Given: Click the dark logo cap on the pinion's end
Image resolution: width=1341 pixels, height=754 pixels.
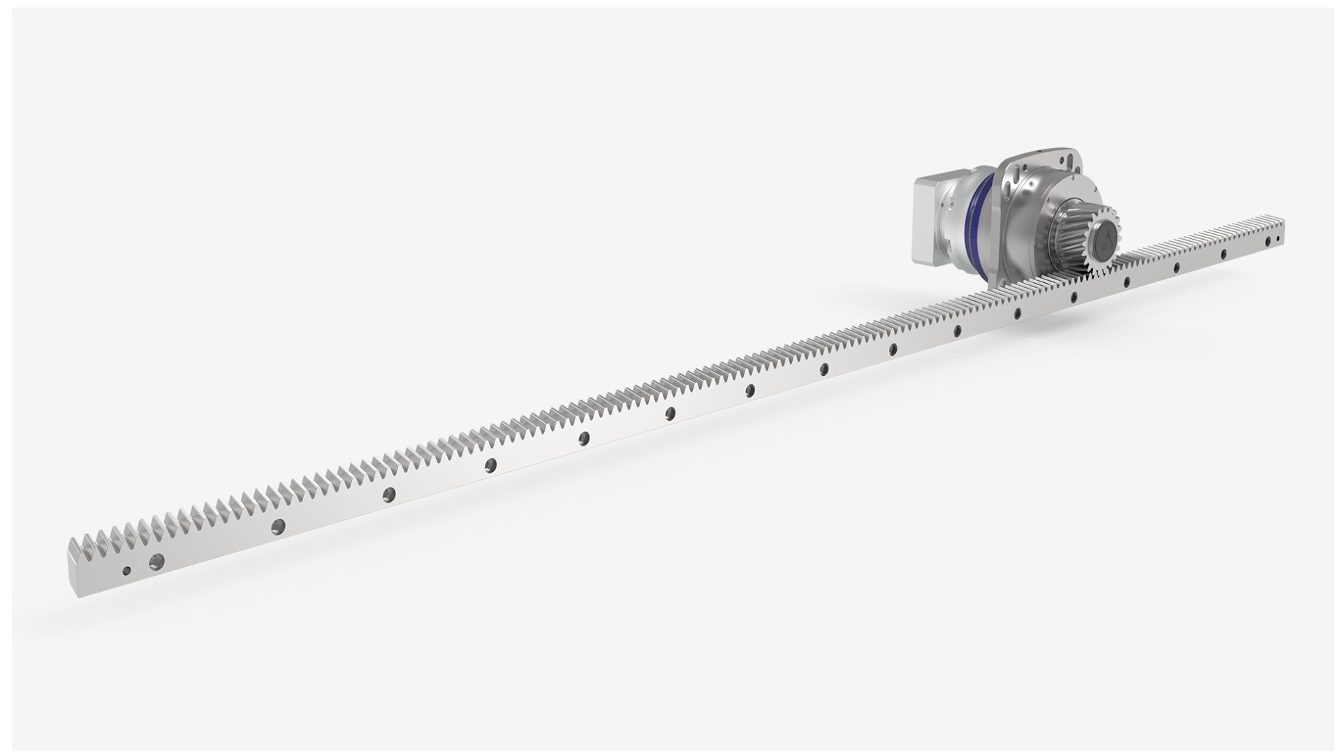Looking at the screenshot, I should point(1104,242).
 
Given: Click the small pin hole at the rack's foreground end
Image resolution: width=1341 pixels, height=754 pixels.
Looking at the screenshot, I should point(126,570).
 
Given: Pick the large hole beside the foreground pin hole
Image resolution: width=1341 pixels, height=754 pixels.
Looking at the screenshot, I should point(156,560).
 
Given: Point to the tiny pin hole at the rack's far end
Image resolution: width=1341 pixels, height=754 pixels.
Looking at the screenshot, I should point(1278,239).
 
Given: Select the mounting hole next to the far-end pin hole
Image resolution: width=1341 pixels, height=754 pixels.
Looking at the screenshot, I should point(1268,242).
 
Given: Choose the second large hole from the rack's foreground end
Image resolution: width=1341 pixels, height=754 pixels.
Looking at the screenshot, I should point(278,526).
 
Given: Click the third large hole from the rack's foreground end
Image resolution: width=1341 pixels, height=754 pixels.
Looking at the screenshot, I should point(389,495).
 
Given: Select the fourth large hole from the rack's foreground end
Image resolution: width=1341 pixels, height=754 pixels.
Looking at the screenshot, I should point(491,465).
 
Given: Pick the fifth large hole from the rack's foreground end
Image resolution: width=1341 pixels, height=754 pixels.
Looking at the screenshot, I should point(584,438).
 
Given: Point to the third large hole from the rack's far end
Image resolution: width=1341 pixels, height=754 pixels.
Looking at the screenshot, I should point(1176,267).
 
